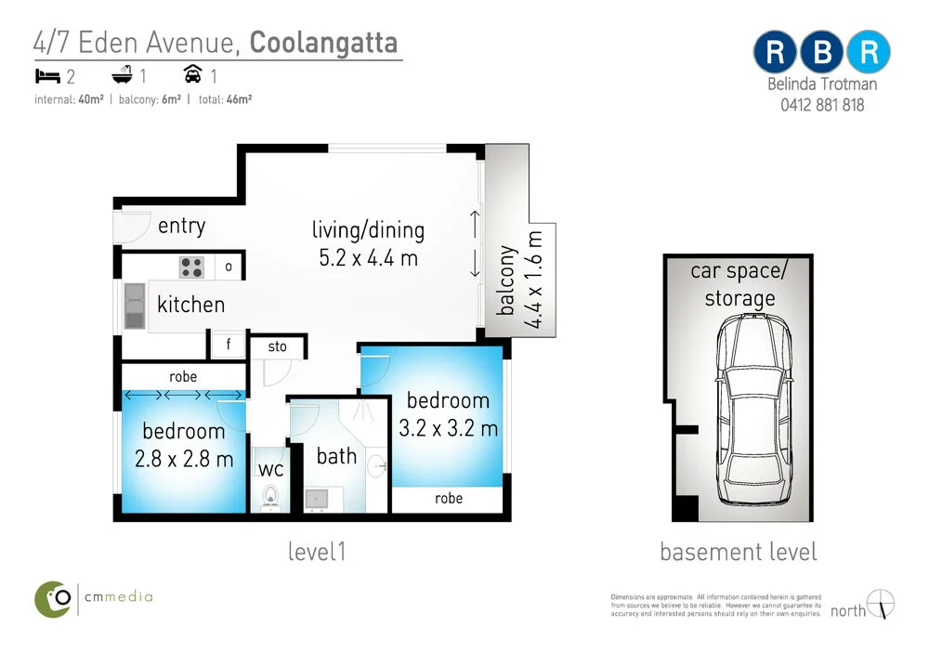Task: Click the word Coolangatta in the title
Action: (323, 43)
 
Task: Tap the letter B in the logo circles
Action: (821, 53)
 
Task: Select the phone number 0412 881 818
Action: (822, 105)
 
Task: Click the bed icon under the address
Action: (46, 74)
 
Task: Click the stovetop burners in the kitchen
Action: (191, 267)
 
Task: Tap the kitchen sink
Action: (136, 306)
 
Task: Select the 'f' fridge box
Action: (228, 346)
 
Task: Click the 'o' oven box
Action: (229, 267)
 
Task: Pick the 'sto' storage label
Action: (277, 347)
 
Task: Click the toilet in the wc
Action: (271, 496)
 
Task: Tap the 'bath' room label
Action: (335, 456)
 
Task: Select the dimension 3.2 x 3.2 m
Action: (448, 428)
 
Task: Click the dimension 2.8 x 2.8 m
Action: (183, 458)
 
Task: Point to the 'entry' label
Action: (181, 226)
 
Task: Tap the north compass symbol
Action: (881, 604)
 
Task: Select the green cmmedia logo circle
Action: (54, 598)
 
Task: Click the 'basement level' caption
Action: (739, 552)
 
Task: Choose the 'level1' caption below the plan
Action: (316, 552)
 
